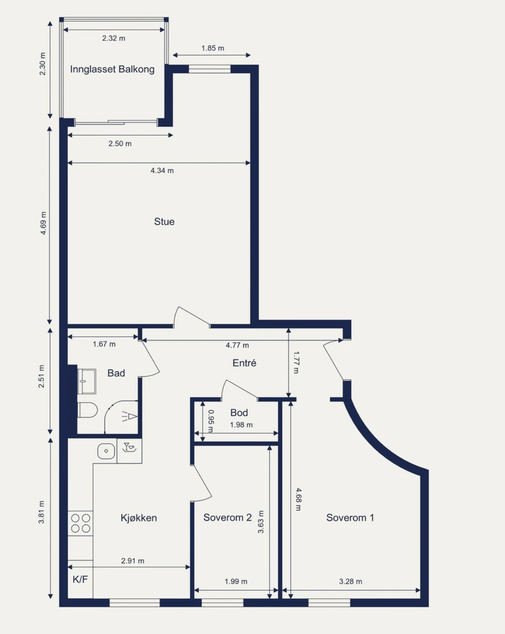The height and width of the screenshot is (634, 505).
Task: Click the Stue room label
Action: click(164, 221)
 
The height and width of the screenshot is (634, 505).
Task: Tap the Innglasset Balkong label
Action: click(113, 69)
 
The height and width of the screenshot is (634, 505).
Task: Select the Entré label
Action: click(244, 362)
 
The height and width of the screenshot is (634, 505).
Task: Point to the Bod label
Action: click(239, 413)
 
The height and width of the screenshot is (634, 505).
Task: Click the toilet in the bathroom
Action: click(88, 410)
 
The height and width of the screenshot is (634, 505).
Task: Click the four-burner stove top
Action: click(80, 523)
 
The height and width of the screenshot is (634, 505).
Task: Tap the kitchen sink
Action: click(106, 451)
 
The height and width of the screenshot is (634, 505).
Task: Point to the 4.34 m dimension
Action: click(162, 170)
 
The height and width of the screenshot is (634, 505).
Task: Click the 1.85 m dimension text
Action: click(213, 48)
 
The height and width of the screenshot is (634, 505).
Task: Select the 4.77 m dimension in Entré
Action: click(237, 345)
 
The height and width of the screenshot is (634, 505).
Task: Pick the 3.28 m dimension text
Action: click(350, 581)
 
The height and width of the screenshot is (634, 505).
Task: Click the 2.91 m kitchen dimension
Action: click(133, 561)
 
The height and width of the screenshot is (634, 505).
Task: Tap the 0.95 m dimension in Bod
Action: click(211, 421)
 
